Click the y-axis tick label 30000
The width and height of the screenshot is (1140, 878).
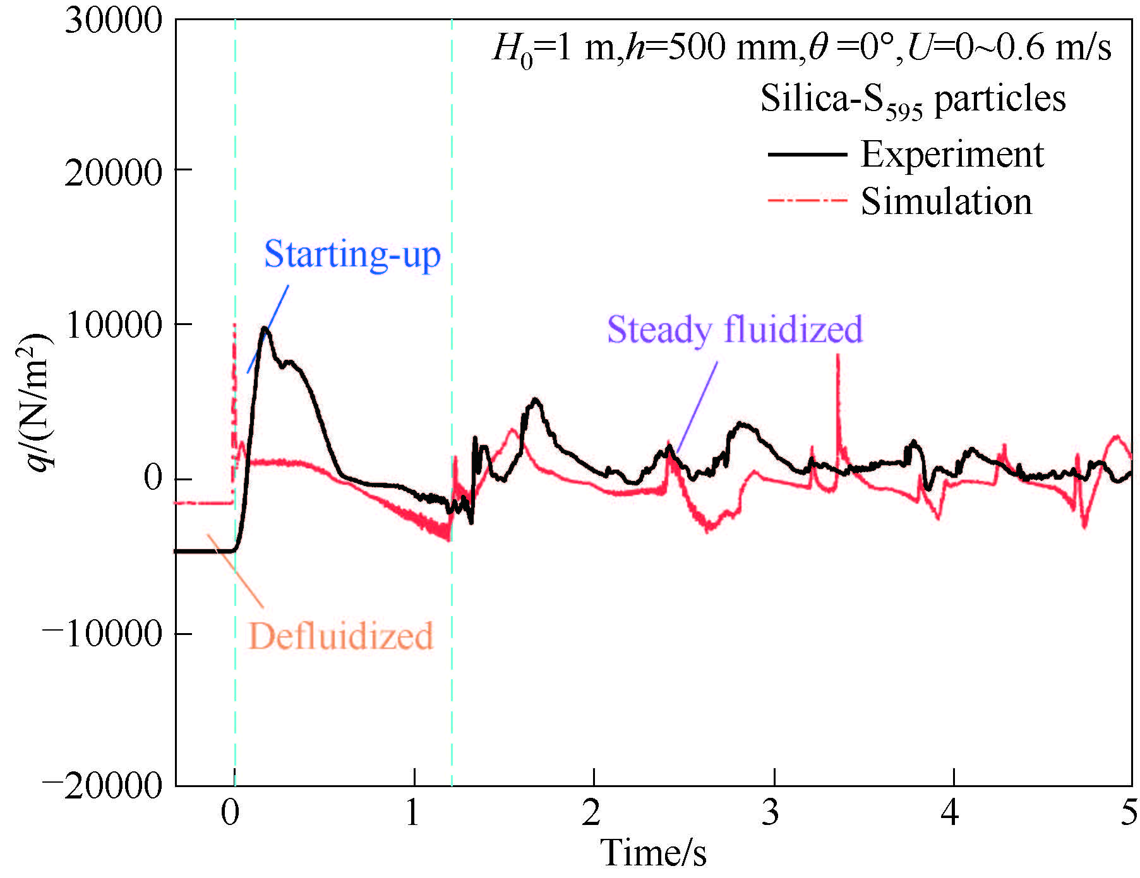(114, 20)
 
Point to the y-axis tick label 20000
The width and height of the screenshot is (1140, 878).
(114, 172)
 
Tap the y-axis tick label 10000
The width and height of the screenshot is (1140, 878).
(114, 326)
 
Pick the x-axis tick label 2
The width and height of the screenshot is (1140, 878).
(592, 813)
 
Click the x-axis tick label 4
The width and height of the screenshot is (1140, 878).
(951, 813)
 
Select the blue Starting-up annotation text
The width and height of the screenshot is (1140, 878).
(352, 254)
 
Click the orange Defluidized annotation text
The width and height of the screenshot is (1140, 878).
(340, 636)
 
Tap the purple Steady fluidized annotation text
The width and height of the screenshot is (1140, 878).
(735, 329)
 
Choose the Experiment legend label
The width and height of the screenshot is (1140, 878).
(952, 155)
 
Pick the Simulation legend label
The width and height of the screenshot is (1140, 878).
(946, 202)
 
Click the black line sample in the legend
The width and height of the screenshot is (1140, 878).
(807, 155)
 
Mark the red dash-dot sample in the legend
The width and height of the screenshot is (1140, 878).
(807, 201)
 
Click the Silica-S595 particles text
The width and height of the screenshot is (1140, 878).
(913, 100)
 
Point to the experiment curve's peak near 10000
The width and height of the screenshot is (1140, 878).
(265, 328)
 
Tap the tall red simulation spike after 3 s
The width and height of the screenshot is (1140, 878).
(838, 360)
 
